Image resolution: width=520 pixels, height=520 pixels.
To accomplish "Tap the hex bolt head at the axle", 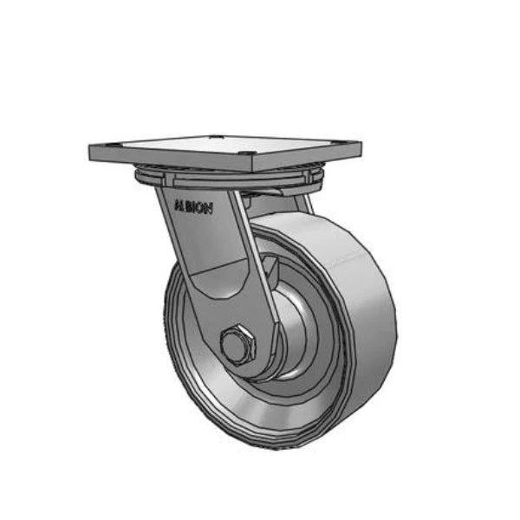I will tap(235, 346).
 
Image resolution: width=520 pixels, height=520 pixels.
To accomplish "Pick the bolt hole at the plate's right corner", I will tap(345, 145).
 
